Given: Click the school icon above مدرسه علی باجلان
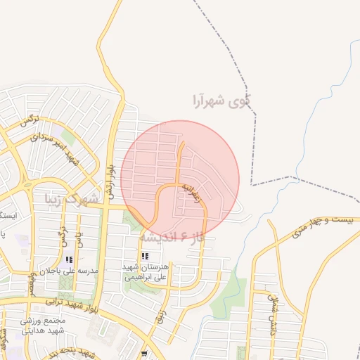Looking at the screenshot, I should [68, 259].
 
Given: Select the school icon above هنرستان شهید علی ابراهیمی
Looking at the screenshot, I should [144, 256].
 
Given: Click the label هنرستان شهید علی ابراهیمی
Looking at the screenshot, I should [144, 272].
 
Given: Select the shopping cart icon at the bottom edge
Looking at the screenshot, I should [144, 355].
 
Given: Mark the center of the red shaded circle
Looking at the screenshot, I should [180, 180].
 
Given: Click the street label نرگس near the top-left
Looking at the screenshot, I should [29, 122].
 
